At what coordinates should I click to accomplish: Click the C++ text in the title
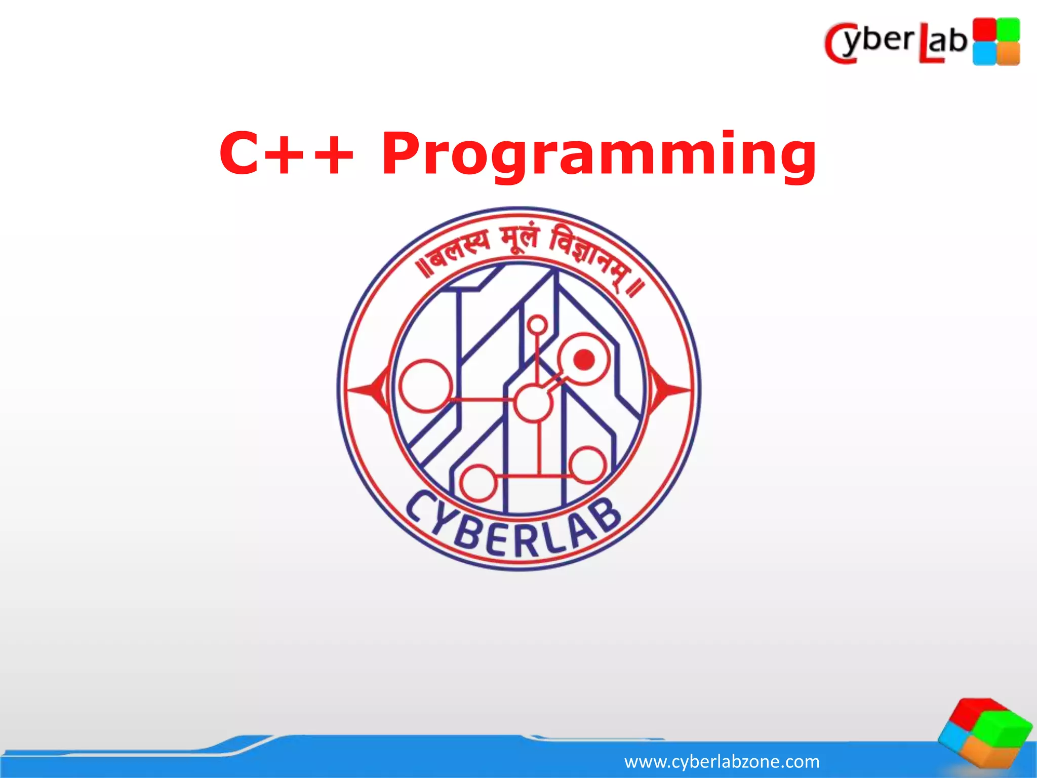click(286, 153)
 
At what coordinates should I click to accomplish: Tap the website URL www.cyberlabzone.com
click(722, 761)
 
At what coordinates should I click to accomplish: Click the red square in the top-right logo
click(984, 29)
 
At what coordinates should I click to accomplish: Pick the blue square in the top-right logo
click(984, 53)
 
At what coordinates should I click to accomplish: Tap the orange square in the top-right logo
click(1009, 53)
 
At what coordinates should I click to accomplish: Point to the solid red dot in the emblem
click(584, 360)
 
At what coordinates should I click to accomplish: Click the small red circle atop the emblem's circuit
click(537, 324)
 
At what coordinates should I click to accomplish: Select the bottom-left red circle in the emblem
click(477, 483)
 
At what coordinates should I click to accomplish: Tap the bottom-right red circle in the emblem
click(587, 465)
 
